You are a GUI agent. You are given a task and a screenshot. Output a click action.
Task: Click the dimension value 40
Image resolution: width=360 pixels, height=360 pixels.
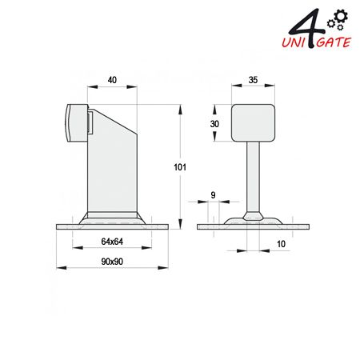click(x=112, y=80)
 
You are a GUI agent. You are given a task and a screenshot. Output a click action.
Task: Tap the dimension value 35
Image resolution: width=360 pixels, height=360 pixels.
click(x=253, y=80)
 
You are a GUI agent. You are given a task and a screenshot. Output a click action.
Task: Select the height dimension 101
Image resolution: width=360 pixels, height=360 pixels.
click(x=180, y=167)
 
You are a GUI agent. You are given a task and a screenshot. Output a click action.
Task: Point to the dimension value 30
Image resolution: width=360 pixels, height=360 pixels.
click(x=214, y=124)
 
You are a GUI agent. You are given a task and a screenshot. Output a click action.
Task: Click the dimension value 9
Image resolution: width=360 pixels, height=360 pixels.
click(x=213, y=195)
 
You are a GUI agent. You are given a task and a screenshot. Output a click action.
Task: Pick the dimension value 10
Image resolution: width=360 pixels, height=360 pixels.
click(x=281, y=244)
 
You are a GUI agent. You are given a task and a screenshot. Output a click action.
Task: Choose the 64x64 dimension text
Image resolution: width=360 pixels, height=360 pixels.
click(x=112, y=242)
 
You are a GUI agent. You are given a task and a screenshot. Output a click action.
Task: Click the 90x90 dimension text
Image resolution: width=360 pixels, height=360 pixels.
click(x=112, y=262)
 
